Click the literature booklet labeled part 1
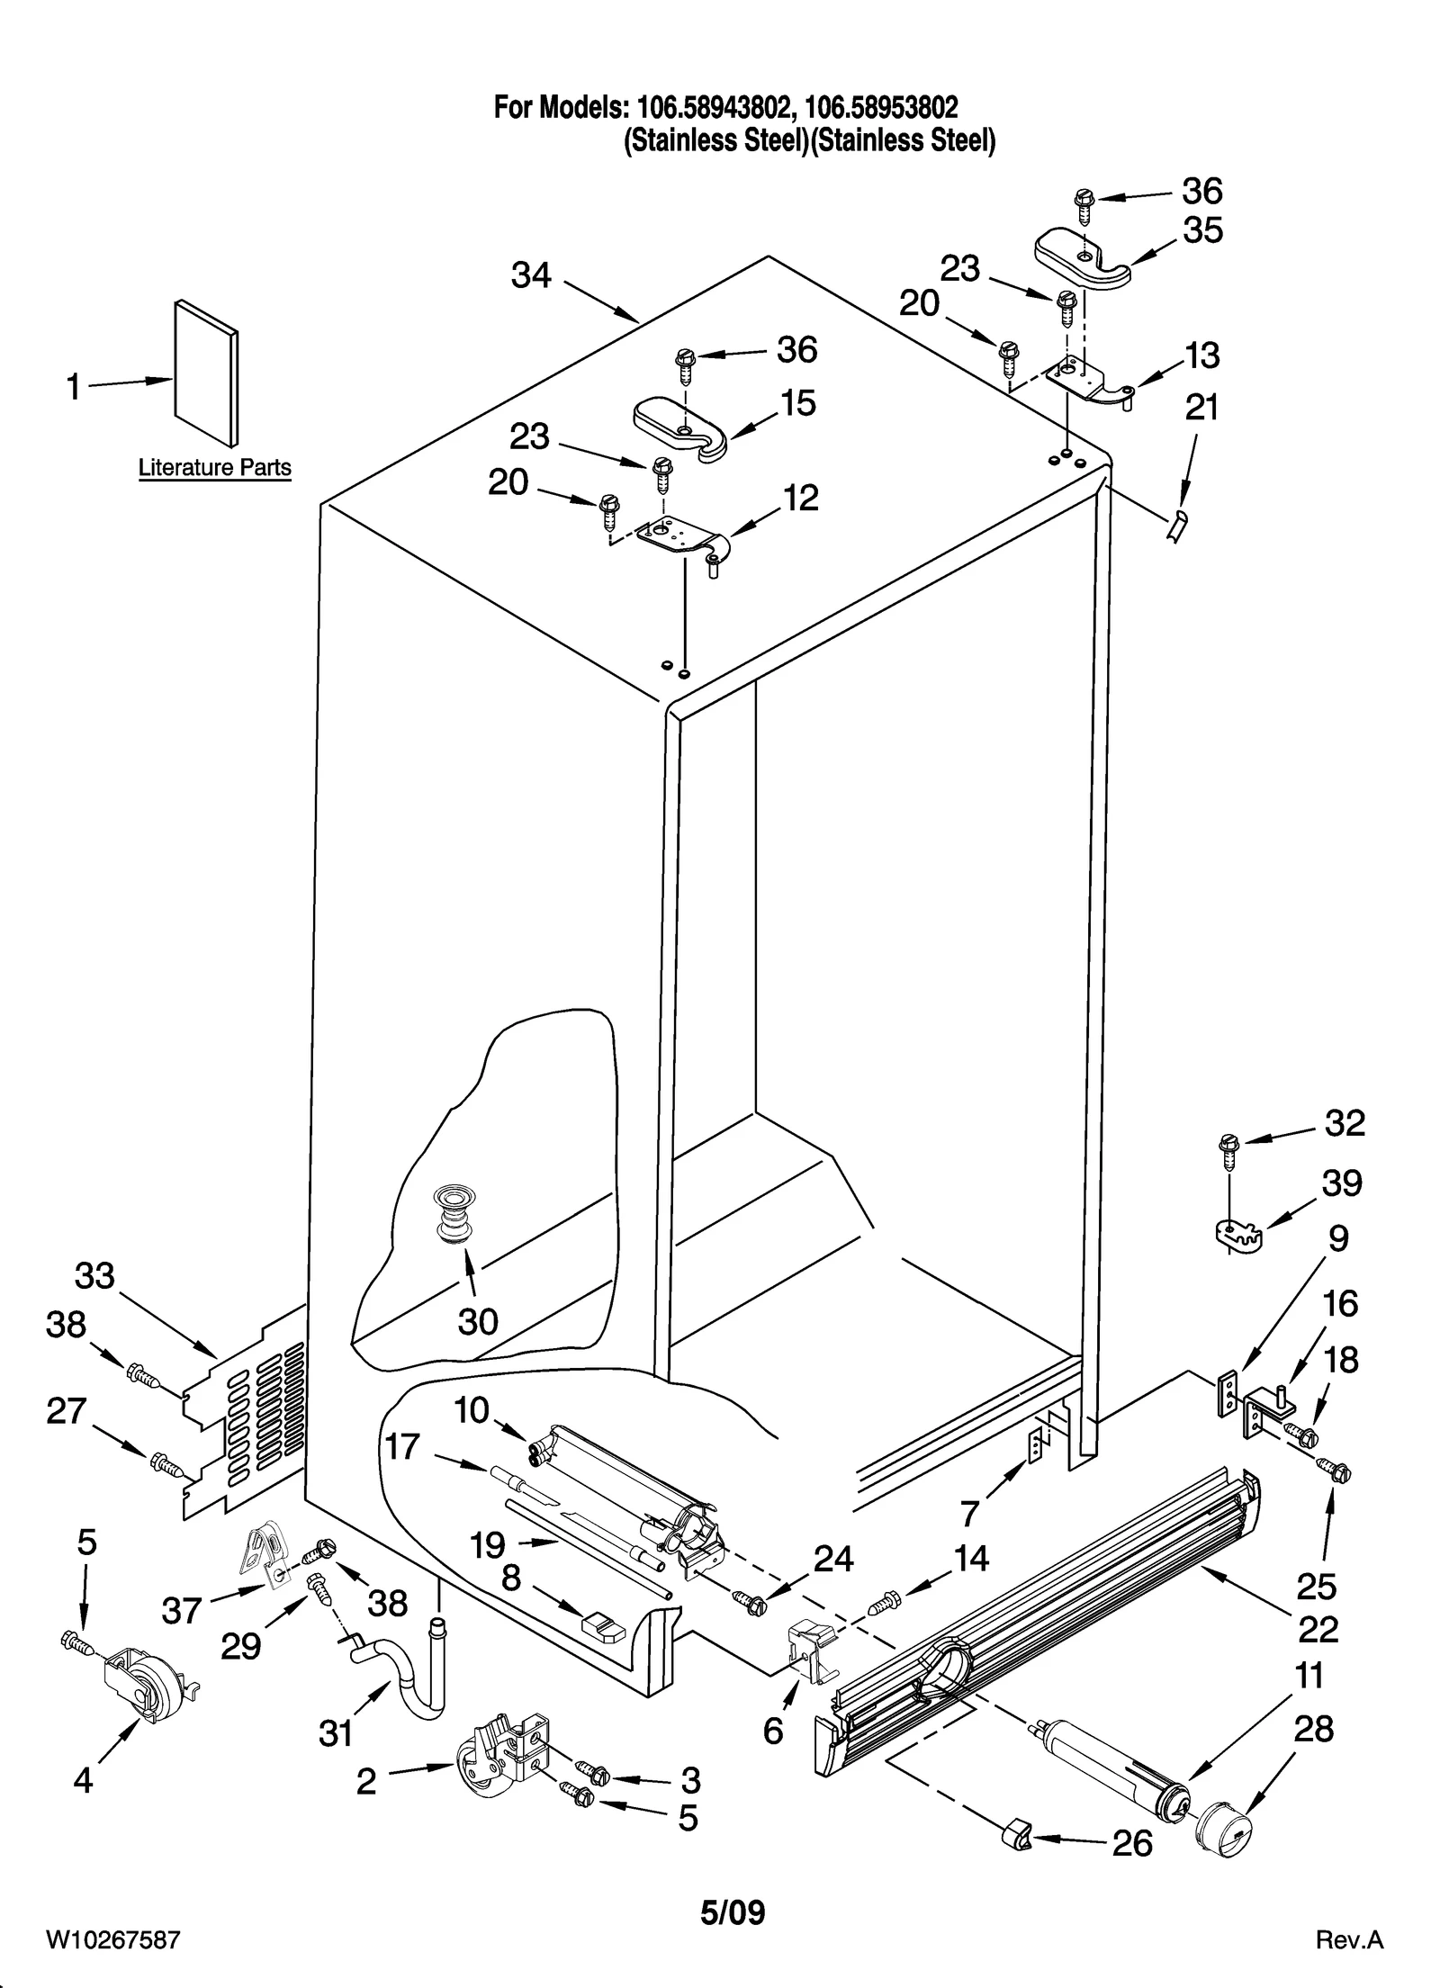click(206, 372)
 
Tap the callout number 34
click(531, 274)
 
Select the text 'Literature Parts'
click(214, 468)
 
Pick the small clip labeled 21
click(1176, 524)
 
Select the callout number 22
click(1318, 1630)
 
